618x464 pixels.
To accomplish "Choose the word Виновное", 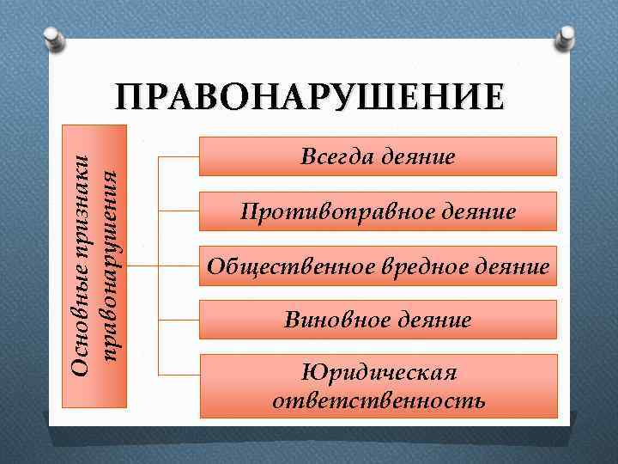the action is coord(336,321).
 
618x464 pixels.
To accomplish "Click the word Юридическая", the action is coord(379,373).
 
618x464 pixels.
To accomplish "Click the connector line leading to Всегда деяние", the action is coord(179,157).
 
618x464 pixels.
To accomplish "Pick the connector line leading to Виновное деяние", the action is coord(179,321).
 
